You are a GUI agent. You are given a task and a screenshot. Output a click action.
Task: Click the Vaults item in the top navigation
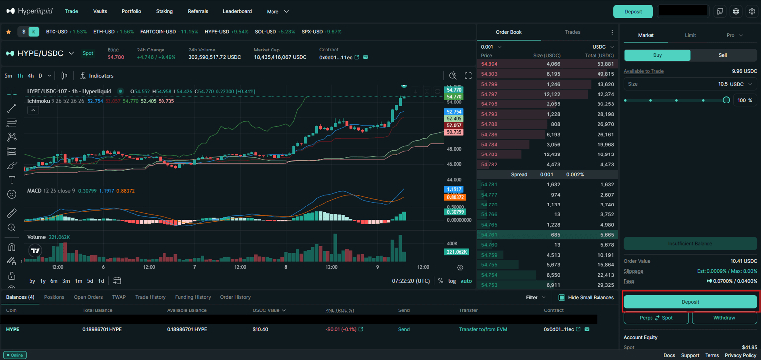(100, 11)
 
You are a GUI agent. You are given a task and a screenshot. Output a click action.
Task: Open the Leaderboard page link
(237, 11)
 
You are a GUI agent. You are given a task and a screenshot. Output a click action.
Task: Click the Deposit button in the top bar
(633, 12)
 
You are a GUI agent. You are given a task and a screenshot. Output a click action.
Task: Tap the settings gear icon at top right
(752, 12)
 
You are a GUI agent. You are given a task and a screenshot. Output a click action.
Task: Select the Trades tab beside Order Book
(572, 32)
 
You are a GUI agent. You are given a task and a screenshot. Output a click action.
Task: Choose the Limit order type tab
(690, 35)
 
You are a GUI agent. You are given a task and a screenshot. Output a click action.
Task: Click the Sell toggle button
(722, 55)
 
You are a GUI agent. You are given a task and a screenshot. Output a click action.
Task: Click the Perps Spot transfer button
(656, 318)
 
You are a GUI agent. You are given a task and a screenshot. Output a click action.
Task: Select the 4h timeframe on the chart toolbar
(31, 76)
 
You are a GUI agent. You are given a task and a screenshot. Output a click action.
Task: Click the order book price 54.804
(489, 64)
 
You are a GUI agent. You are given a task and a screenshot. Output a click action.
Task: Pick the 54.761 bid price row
(489, 235)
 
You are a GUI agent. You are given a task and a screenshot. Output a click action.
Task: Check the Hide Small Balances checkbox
(562, 298)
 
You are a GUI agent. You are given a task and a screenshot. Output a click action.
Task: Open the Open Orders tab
(88, 297)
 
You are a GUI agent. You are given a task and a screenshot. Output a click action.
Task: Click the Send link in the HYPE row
(404, 329)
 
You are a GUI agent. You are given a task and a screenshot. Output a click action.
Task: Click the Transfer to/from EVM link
(483, 329)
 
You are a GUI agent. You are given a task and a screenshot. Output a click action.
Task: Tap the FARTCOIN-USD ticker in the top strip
(158, 32)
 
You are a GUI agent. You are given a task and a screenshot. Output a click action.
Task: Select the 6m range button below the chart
(54, 281)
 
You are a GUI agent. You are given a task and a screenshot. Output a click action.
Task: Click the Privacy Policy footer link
(740, 355)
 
